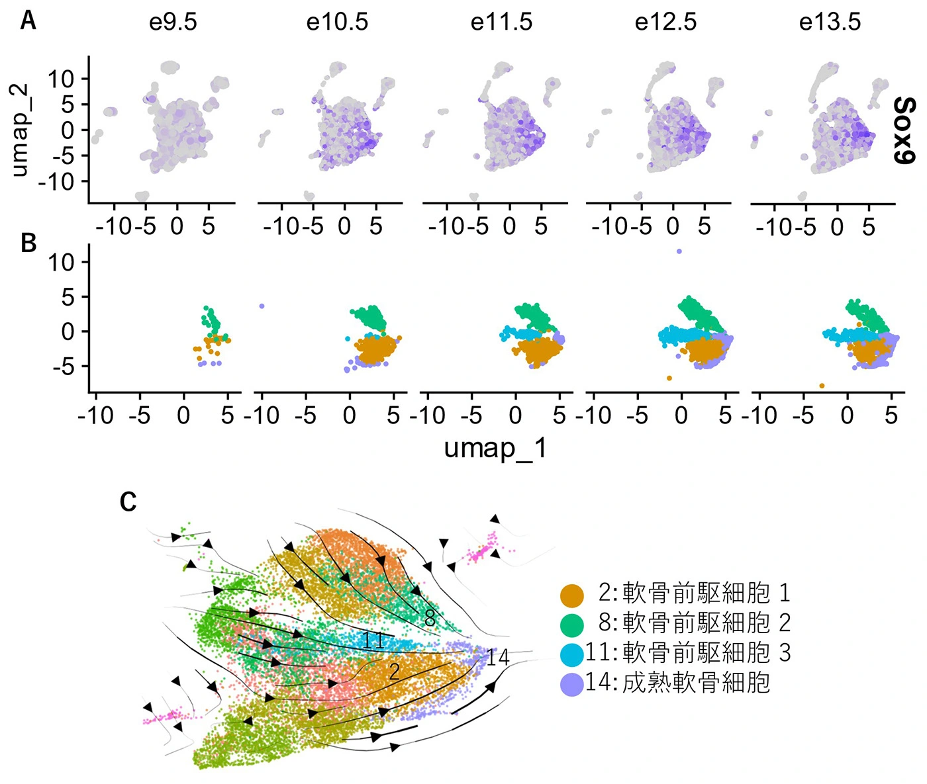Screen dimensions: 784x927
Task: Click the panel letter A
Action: coord(28,21)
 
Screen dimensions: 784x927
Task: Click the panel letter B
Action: coord(28,243)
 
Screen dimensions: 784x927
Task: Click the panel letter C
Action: coord(128,502)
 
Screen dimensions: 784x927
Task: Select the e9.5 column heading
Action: coord(173,22)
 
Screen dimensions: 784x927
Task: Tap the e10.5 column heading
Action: coord(337,22)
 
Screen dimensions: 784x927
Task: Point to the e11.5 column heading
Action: coord(501,22)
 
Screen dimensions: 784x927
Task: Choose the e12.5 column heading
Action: coord(665,22)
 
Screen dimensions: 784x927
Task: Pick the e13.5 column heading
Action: coord(830,22)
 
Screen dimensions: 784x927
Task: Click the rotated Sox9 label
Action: coord(904,130)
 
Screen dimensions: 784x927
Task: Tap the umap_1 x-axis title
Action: coord(495,449)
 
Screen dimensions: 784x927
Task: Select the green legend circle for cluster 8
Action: coord(571,625)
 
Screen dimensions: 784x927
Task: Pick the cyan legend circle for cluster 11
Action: coord(571,654)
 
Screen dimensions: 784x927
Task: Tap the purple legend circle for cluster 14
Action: coord(571,684)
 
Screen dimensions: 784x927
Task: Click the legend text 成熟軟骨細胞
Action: coord(696,683)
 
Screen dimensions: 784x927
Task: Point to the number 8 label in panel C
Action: coord(430,619)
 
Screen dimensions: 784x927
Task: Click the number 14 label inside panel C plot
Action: coord(498,657)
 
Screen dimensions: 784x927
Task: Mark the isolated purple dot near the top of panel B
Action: coord(679,251)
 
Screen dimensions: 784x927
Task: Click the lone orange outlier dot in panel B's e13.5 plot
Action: coord(822,386)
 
